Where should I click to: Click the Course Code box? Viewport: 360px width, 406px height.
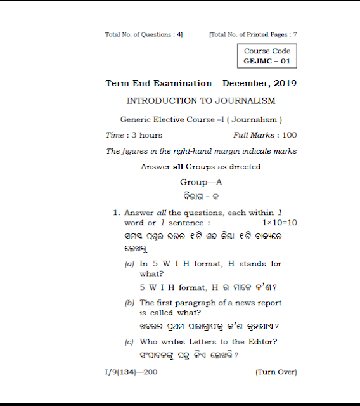coord(267,56)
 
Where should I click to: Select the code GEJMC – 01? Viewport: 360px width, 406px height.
coord(267,62)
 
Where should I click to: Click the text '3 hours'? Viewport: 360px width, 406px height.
coord(147,135)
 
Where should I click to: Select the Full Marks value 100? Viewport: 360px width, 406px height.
coord(289,135)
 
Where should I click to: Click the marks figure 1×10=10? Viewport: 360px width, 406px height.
coord(280,223)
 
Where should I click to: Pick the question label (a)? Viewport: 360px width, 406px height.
coord(129,264)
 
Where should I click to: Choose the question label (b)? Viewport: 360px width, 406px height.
coord(129,303)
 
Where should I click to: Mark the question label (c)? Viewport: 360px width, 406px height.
coord(129,343)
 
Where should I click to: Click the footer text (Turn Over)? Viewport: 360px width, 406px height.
coord(276,372)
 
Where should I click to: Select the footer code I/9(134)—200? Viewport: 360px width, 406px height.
coord(131,372)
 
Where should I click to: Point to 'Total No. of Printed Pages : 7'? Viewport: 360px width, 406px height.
coord(253,34)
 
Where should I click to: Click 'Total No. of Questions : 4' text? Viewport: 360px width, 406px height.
coord(144,34)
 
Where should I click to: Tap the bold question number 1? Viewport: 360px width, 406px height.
coord(116,213)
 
